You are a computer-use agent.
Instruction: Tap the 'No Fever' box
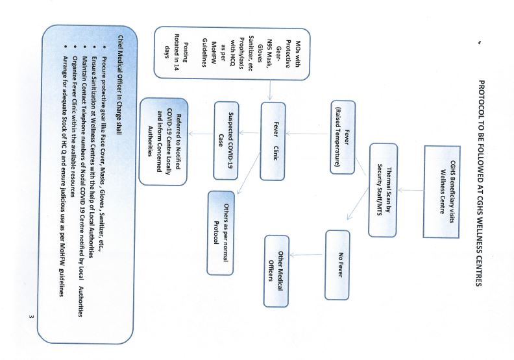click(337, 265)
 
